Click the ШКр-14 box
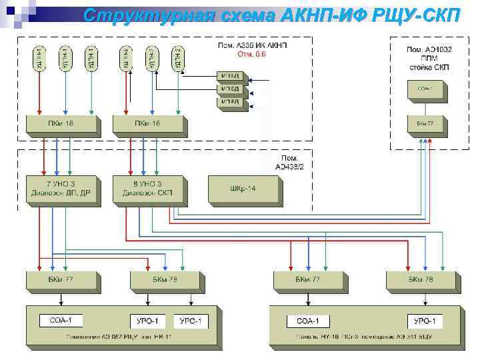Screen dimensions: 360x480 [x=243, y=188]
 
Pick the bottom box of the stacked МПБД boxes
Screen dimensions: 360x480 [x=231, y=102]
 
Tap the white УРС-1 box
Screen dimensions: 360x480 [x=190, y=321]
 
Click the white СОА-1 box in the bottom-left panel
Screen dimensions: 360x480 [x=61, y=321]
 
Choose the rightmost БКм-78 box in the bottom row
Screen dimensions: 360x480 [x=421, y=279]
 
